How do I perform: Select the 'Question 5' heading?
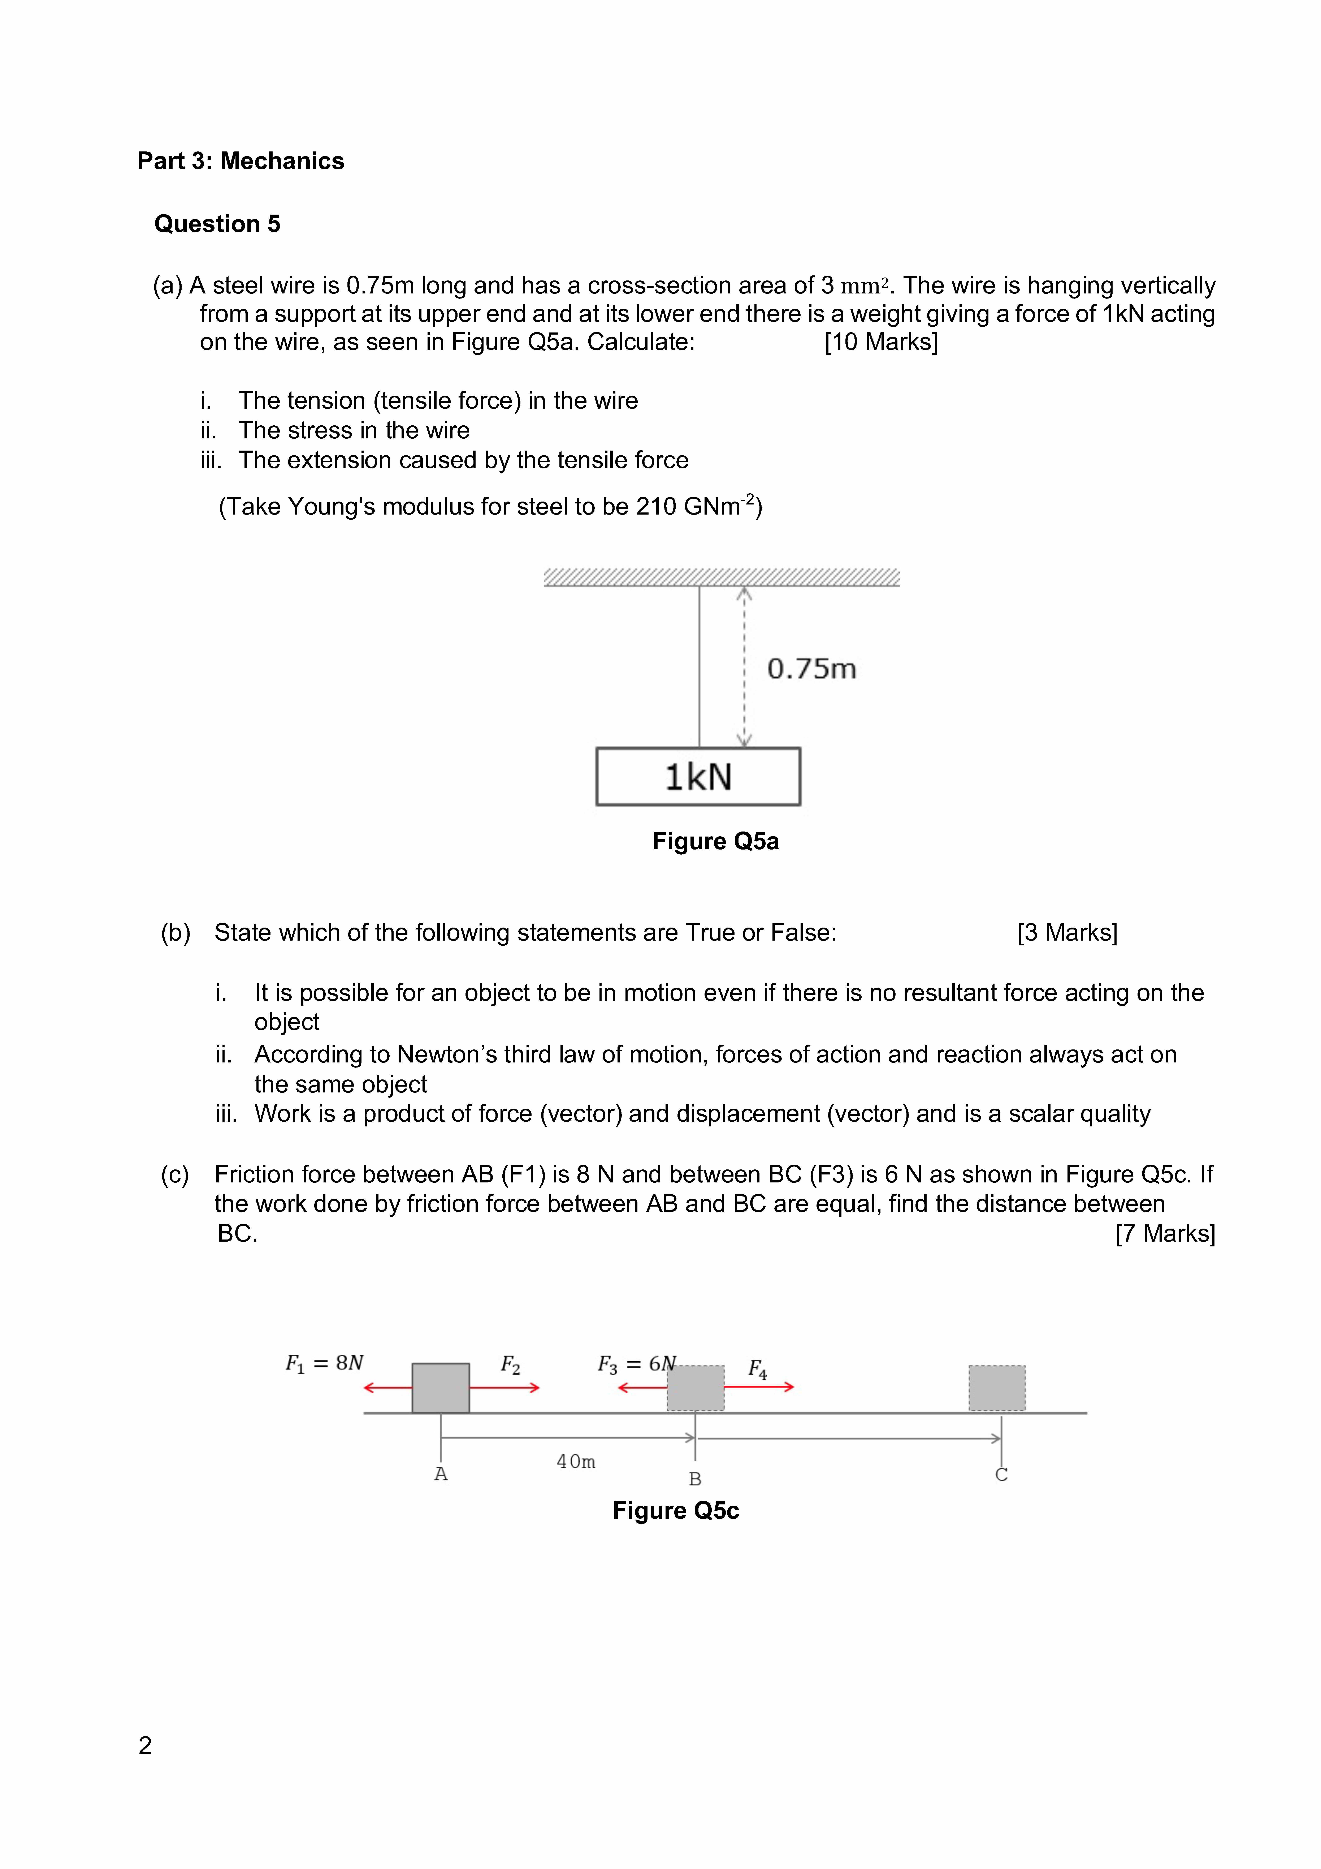pos(217,224)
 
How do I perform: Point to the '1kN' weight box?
pos(698,777)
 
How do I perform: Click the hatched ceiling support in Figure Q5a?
pos(721,577)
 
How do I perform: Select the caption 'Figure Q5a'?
pos(715,841)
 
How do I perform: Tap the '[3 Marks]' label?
pos(1067,932)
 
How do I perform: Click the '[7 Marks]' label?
pos(1165,1233)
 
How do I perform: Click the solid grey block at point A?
pos(440,1388)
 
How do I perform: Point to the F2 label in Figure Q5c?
pos(510,1364)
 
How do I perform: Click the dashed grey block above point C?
pos(996,1388)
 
